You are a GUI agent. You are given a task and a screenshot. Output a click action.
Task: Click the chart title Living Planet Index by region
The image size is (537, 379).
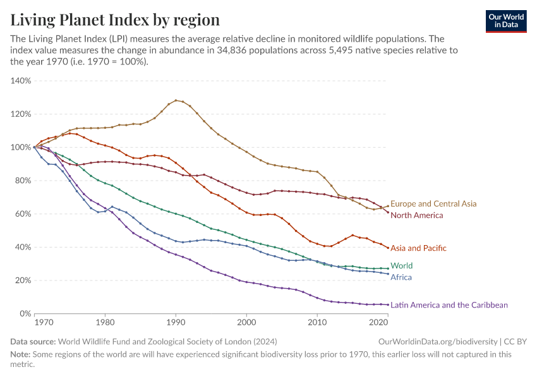click(x=115, y=20)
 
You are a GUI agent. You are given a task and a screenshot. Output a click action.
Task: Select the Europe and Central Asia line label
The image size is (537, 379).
click(x=433, y=204)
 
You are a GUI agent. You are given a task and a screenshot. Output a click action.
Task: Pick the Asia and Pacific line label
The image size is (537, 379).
click(x=418, y=248)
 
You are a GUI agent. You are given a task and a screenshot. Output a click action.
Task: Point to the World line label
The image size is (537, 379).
click(x=402, y=266)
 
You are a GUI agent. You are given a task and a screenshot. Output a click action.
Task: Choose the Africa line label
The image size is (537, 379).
click(x=402, y=277)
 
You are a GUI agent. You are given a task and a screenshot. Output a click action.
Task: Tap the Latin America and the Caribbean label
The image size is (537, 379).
click(x=449, y=305)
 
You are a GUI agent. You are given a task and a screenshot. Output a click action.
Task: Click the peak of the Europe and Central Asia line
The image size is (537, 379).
click(x=176, y=100)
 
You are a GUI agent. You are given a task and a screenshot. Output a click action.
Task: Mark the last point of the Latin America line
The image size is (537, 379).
click(x=388, y=304)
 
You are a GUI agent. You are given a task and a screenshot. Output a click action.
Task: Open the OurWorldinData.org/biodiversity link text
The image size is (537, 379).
click(x=437, y=341)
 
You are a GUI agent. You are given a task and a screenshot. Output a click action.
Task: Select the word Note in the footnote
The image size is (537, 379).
click(x=21, y=354)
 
